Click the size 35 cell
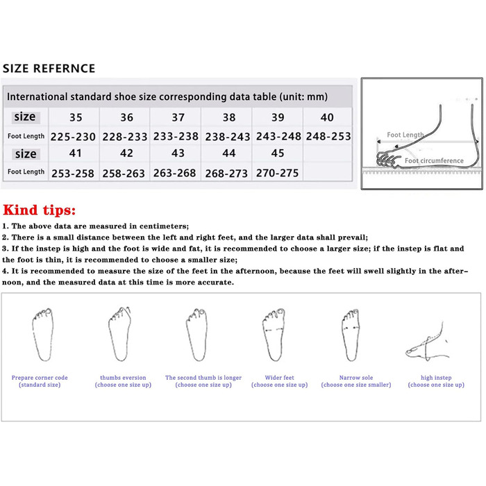click(x=76, y=117)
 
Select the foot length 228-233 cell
click(x=124, y=136)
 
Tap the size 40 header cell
click(x=327, y=117)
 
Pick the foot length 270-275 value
click(x=277, y=173)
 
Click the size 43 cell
click(x=178, y=153)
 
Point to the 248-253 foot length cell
click(x=328, y=136)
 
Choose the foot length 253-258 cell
click(x=73, y=174)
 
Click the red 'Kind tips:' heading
click(x=40, y=210)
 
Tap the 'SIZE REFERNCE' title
click(x=49, y=68)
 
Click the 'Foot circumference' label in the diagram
click(x=434, y=160)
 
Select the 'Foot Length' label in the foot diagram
click(x=405, y=135)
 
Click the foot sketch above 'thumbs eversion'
click(x=120, y=334)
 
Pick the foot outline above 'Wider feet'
click(x=274, y=335)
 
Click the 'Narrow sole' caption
click(x=356, y=378)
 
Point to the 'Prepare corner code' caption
click(x=40, y=378)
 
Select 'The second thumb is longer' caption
click(x=203, y=378)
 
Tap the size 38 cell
click(x=229, y=117)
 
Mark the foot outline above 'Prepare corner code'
click(x=43, y=335)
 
